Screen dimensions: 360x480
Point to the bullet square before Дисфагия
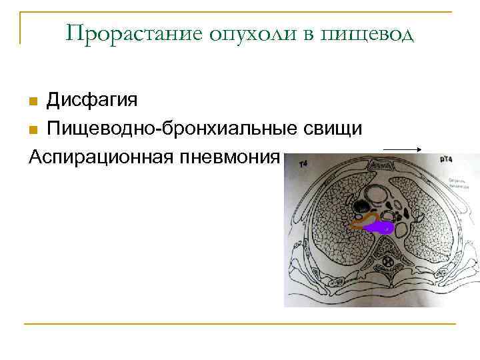point(33,101)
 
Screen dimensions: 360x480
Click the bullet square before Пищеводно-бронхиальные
point(33,129)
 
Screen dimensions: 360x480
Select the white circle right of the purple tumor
point(403,227)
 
